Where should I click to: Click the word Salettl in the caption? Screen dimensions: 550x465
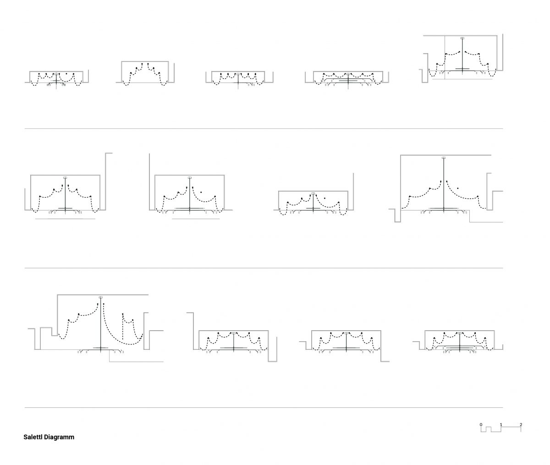(33, 437)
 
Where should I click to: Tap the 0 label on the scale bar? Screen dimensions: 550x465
(481, 425)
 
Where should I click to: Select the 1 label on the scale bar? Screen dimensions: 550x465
(501, 425)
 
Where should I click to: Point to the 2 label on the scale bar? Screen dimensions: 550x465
(521, 425)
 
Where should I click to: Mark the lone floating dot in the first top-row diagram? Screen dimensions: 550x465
(66, 74)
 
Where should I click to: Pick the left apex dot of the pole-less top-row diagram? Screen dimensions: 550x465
(142, 64)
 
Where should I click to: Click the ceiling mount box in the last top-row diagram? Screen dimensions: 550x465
(462, 38)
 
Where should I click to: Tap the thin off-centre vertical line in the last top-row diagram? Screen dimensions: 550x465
(445, 57)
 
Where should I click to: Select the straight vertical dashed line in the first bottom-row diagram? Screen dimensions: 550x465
(123, 327)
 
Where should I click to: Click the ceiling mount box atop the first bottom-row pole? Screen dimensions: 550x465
(101, 297)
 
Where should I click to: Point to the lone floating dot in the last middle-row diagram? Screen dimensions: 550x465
(458, 188)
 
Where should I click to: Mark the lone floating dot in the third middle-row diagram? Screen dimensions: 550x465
(324, 198)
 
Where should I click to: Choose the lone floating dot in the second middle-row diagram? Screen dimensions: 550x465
(201, 192)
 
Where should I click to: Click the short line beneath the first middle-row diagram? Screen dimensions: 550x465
(65, 219)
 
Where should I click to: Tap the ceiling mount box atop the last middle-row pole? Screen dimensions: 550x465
(444, 158)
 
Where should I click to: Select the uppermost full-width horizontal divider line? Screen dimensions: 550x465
(264, 129)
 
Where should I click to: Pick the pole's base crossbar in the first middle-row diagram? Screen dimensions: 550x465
(65, 208)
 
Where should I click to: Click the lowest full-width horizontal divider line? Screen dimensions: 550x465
(264, 408)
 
